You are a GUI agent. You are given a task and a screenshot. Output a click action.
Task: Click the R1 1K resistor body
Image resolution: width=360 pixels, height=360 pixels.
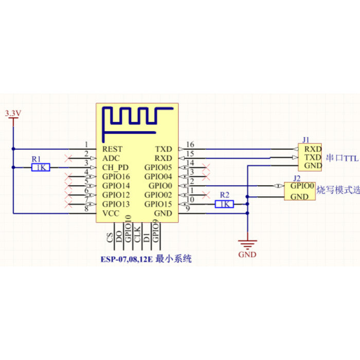[41, 167]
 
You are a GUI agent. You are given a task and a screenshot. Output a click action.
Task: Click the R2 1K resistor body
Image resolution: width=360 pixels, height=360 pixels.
[224, 204]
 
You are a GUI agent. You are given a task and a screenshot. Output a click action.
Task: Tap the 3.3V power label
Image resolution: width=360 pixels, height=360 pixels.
[12, 113]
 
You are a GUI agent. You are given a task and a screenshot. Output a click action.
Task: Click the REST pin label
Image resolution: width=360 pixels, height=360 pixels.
[113, 149]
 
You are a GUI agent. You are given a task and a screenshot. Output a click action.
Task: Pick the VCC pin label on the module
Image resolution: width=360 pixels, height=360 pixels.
[111, 213]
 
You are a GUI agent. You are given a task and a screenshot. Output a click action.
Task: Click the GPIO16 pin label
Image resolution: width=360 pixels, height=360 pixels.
[116, 176]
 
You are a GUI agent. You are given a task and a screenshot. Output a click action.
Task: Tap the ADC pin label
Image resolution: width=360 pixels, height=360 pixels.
[111, 158]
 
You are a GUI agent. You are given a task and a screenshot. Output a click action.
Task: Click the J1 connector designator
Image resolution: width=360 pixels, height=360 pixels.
[306, 139]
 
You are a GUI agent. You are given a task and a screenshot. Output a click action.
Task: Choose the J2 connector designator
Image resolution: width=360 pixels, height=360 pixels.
[296, 178]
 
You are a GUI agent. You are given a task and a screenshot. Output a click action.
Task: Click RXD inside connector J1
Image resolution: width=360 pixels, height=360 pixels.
[313, 148]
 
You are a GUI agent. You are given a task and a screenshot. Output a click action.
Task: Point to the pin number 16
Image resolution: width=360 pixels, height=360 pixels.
[190, 145]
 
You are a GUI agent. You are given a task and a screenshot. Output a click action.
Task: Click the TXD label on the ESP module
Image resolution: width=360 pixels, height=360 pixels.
[164, 149]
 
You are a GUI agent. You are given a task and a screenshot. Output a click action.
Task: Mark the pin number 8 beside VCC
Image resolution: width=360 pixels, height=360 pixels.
[86, 209]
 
